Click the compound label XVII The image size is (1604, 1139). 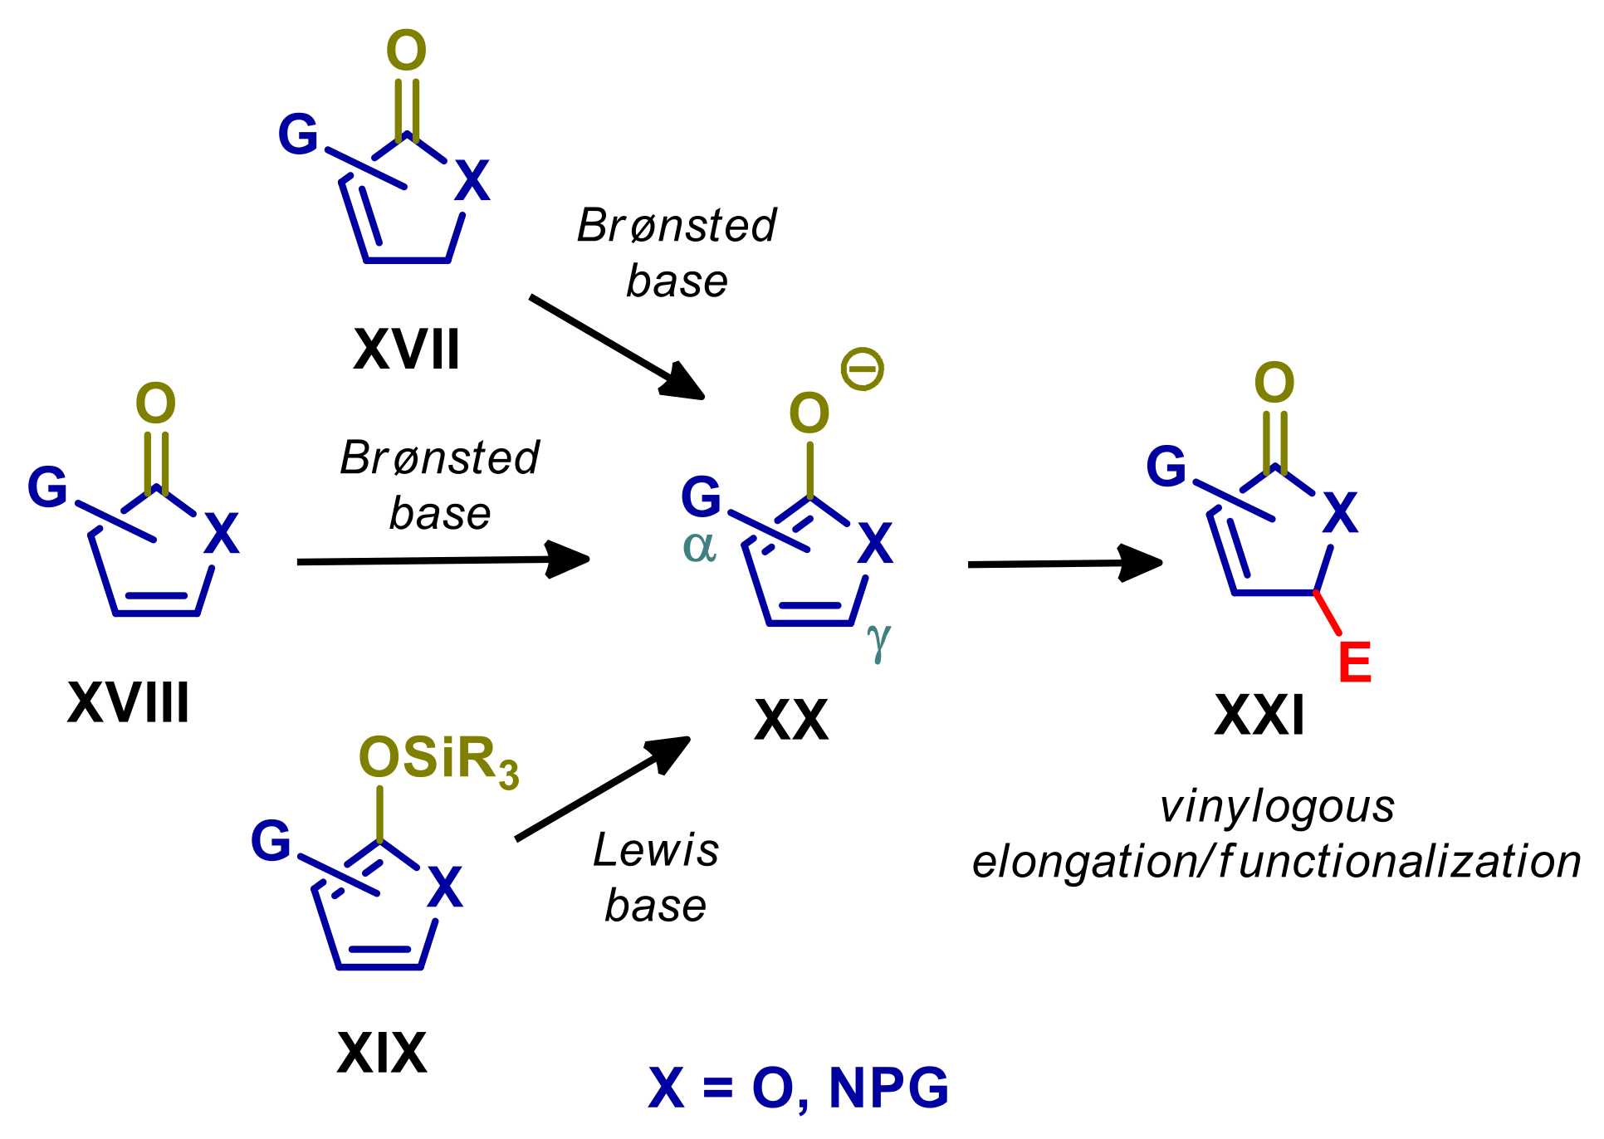pyautogui.click(x=406, y=350)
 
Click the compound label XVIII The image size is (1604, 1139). pyautogui.click(x=129, y=703)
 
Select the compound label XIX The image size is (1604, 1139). pyautogui.click(x=382, y=1053)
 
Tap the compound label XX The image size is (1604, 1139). pyautogui.click(x=791, y=720)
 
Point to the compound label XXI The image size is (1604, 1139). pyautogui.click(x=1259, y=715)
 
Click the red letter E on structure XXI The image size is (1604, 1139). pyautogui.click(x=1355, y=662)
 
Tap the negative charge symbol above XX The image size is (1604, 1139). pyautogui.click(x=863, y=369)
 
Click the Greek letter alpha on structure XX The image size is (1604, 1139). pyautogui.click(x=699, y=547)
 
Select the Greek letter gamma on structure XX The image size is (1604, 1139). pyautogui.click(x=878, y=640)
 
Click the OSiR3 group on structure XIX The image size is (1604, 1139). pyautogui.click(x=438, y=760)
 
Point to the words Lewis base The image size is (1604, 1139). pyautogui.click(x=656, y=877)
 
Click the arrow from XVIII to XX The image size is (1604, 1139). pyautogui.click(x=443, y=561)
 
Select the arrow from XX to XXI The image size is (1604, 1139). pyautogui.click(x=1064, y=564)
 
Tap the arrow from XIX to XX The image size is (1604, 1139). pyautogui.click(x=603, y=789)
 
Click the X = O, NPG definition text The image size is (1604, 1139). pyautogui.click(x=798, y=1088)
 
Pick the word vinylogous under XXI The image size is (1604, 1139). pyautogui.click(x=1277, y=807)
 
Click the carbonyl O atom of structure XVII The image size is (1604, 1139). pyautogui.click(x=407, y=51)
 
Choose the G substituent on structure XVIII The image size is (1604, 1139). pyautogui.click(x=47, y=487)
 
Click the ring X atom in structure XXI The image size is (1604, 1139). pyautogui.click(x=1340, y=512)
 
